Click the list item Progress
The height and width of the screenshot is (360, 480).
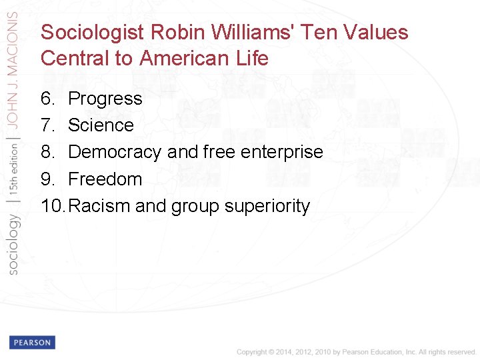pyautogui.click(x=105, y=99)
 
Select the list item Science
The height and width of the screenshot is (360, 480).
pyautogui.click(x=101, y=125)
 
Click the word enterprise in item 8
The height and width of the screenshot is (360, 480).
pyautogui.click(x=281, y=152)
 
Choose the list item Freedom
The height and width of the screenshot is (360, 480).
pyautogui.click(x=105, y=179)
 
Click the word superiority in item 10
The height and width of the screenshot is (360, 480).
pyautogui.click(x=267, y=206)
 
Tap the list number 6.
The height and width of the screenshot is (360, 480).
pyautogui.click(x=47, y=99)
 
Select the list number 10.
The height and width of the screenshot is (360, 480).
pyautogui.click(x=53, y=206)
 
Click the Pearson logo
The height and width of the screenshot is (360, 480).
pyautogui.click(x=32, y=343)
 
